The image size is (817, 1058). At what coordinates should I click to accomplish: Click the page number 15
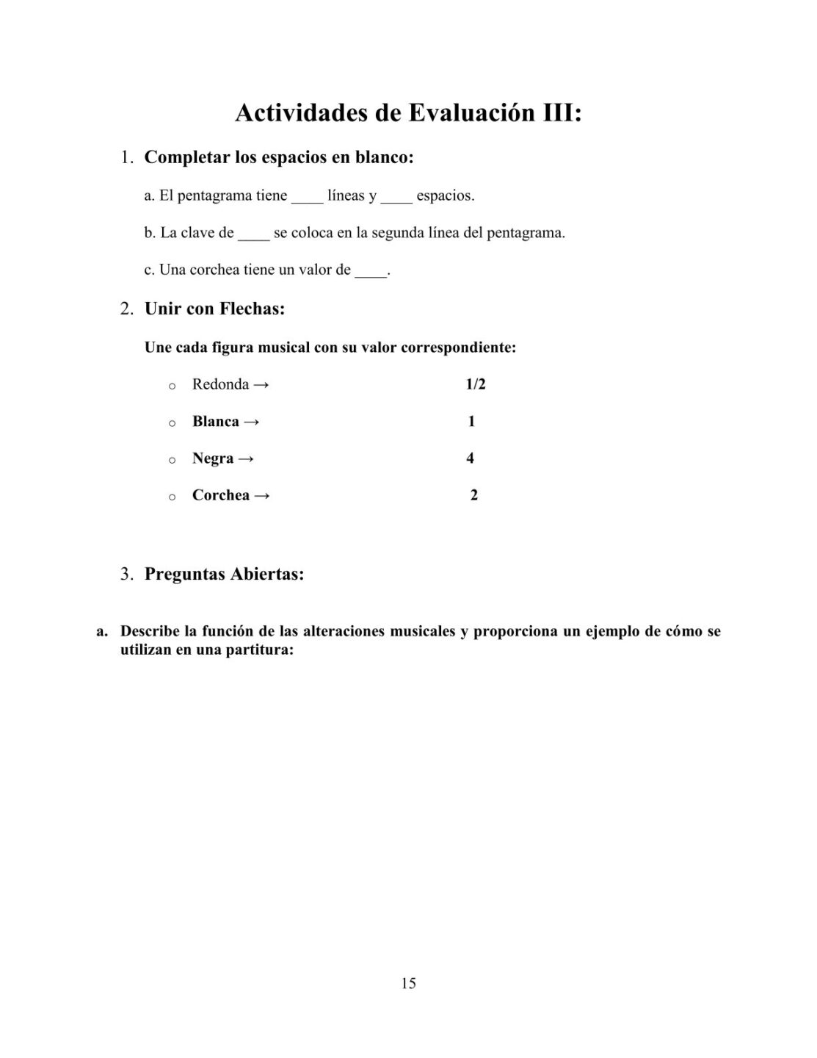click(x=408, y=983)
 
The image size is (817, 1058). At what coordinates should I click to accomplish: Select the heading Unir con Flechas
click(x=214, y=309)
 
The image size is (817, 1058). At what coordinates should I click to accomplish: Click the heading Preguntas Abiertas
click(x=224, y=574)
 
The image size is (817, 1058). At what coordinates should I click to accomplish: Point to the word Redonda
click(x=220, y=384)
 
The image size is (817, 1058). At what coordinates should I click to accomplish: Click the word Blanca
click(x=216, y=422)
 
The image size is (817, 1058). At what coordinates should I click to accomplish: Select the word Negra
click(x=213, y=458)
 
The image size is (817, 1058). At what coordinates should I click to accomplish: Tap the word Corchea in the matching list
click(x=221, y=495)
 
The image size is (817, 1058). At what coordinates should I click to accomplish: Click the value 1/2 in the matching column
click(x=476, y=384)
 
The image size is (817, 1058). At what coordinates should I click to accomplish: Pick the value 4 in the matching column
click(x=470, y=458)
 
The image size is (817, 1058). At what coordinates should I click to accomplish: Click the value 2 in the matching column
click(x=473, y=495)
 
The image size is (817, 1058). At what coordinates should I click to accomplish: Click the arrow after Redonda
click(x=261, y=384)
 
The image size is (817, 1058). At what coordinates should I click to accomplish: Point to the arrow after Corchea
click(x=262, y=496)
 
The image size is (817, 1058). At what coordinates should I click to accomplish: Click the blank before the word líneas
click(x=307, y=198)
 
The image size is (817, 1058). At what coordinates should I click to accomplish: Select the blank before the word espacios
click(x=396, y=198)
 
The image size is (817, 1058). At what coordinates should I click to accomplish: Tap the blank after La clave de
click(x=253, y=236)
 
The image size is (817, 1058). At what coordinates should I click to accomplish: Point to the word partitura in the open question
click(x=256, y=650)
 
